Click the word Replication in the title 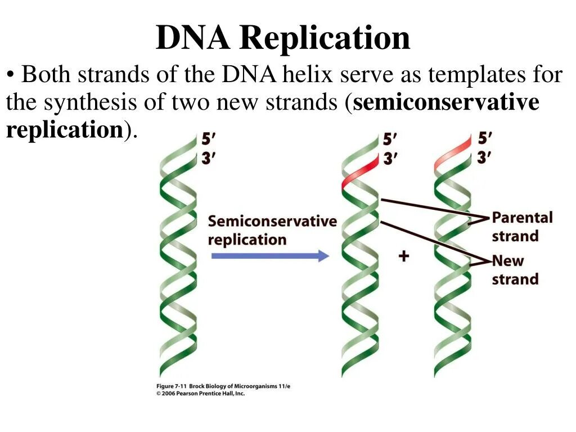tap(325, 38)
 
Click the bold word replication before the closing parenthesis tap(64, 130)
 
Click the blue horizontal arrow tap(269, 256)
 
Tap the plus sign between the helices tap(403, 256)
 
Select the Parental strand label tap(522, 226)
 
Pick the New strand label tap(515, 269)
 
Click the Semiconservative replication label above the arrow tap(272, 230)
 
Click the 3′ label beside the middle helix tap(390, 159)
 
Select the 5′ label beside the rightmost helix tap(485, 138)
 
